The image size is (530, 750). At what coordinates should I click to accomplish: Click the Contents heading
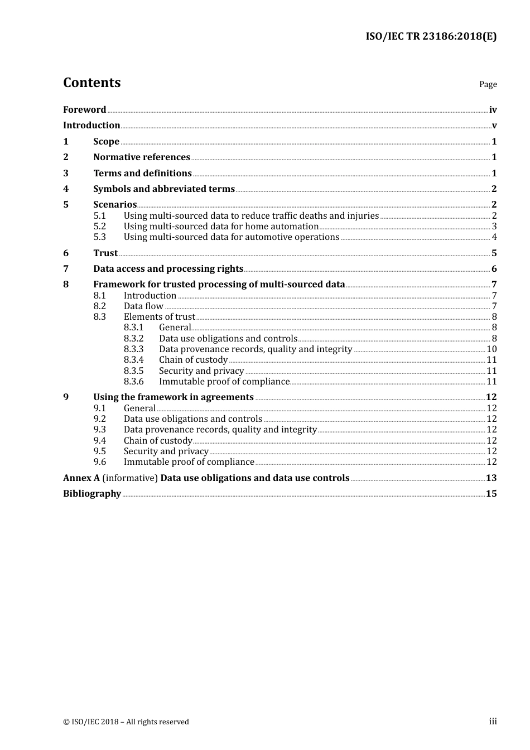(91, 83)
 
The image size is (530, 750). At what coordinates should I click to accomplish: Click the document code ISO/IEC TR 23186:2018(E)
(431, 36)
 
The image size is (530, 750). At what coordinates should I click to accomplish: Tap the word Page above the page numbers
(488, 84)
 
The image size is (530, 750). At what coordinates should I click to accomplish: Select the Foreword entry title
(84, 109)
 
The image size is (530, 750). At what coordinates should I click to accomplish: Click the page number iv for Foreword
(493, 109)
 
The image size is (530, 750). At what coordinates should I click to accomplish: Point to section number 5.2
(99, 226)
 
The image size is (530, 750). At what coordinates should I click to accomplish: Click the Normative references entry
(142, 157)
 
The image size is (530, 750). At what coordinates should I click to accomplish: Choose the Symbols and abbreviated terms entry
(164, 189)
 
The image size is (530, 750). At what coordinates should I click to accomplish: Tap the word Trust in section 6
(105, 253)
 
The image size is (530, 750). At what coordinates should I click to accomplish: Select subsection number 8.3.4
(133, 359)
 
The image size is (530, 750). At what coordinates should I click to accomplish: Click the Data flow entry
(143, 306)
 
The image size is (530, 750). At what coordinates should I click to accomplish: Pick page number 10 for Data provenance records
(492, 349)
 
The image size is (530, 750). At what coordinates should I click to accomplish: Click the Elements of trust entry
(160, 316)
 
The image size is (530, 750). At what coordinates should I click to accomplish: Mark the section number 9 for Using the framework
(66, 397)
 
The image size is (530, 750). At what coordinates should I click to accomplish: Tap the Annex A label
(81, 478)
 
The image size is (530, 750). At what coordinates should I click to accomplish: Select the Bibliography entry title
(92, 493)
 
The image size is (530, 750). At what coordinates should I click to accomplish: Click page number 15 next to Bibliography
(491, 493)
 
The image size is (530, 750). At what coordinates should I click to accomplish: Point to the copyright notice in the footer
(126, 722)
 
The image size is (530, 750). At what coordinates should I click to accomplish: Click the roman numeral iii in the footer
(493, 721)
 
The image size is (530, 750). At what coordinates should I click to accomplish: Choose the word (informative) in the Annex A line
(130, 478)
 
